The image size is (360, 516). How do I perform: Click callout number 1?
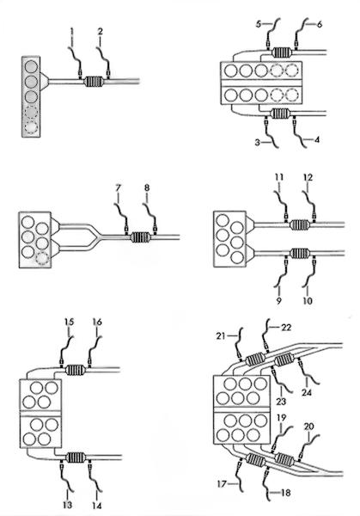pyautogui.click(x=71, y=32)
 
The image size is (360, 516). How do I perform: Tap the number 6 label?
pyautogui.click(x=320, y=24)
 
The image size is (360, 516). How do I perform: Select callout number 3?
pyautogui.click(x=258, y=143)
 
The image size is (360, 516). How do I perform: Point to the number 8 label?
pyautogui.click(x=147, y=187)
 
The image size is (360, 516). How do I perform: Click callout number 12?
pyautogui.click(x=308, y=177)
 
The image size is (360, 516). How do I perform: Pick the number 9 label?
pyautogui.click(x=278, y=300)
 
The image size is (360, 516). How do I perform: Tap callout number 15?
pyautogui.click(x=69, y=322)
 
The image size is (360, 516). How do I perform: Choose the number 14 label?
pyautogui.click(x=96, y=505)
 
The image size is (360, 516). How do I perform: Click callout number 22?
pyautogui.click(x=286, y=327)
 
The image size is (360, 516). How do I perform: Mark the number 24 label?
pyautogui.click(x=307, y=392)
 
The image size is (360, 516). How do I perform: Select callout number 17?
pyautogui.click(x=222, y=483)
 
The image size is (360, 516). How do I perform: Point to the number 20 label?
pyautogui.click(x=309, y=427)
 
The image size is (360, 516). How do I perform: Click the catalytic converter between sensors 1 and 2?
pyautogui.click(x=94, y=82)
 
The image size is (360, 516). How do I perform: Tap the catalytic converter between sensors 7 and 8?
pyautogui.click(x=141, y=237)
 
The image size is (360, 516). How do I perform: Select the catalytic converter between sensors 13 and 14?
pyautogui.click(x=76, y=458)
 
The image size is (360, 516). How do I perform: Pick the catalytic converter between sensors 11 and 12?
pyautogui.click(x=300, y=224)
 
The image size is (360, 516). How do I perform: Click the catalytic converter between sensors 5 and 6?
pyautogui.click(x=283, y=52)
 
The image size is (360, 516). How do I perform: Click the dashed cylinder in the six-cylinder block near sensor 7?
pyautogui.click(x=43, y=258)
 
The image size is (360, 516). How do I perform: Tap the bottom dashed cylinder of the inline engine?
pyautogui.click(x=31, y=126)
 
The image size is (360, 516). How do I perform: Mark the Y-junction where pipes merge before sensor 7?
pyautogui.click(x=96, y=236)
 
